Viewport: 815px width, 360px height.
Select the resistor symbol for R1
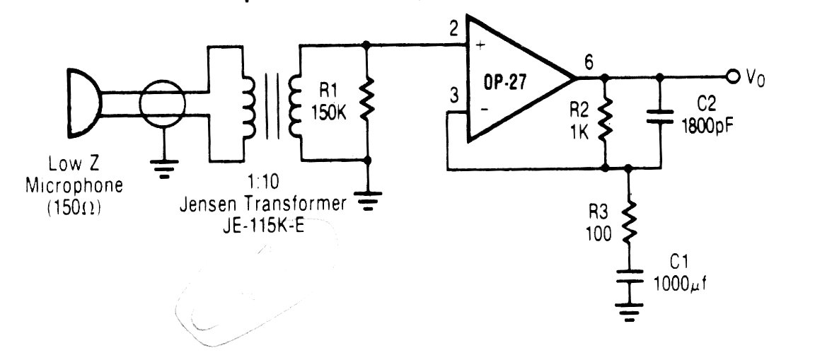(x=366, y=103)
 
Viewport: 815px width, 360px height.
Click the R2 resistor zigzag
(x=604, y=122)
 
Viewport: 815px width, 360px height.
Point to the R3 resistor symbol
(x=628, y=221)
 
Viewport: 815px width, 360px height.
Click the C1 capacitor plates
(x=628, y=277)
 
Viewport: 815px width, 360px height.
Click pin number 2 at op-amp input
(x=453, y=28)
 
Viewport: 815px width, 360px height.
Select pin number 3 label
(x=453, y=98)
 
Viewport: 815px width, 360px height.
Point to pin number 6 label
(x=589, y=62)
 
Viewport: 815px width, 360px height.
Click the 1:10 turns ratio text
(x=262, y=182)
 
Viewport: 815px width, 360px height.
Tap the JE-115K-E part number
(x=263, y=226)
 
